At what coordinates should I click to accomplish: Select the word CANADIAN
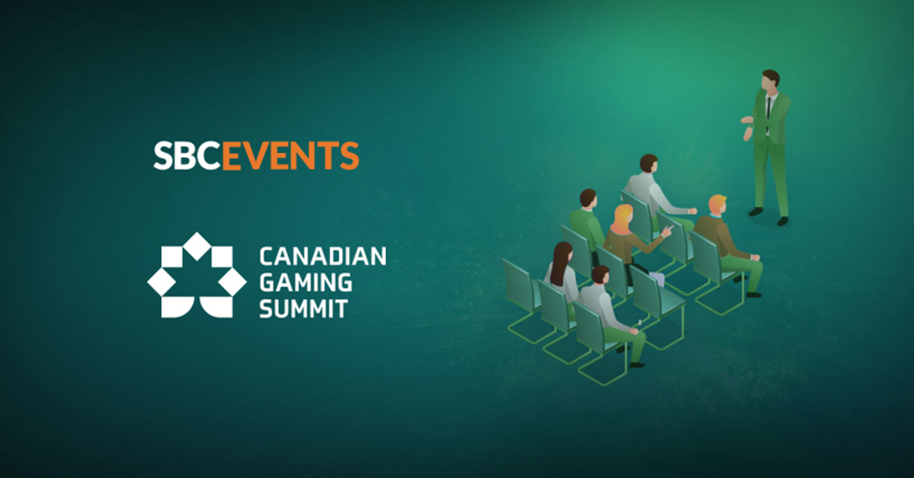[x=323, y=257]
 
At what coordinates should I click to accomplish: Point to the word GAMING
[x=306, y=282]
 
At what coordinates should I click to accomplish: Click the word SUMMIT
[x=304, y=308]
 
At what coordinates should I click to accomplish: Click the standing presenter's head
[x=771, y=79]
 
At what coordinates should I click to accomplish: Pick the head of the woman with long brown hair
[x=563, y=254]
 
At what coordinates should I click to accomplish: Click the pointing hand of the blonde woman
[x=667, y=230]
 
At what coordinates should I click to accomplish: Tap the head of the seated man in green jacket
[x=588, y=199]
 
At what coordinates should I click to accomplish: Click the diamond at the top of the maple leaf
[x=197, y=244]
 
